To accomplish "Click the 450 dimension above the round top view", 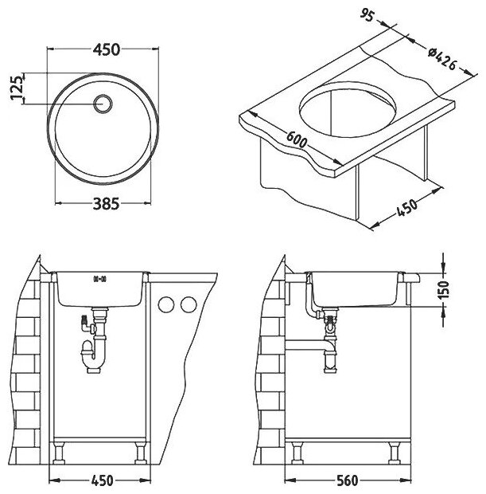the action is coord(106,49).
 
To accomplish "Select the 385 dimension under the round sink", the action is coord(106,204).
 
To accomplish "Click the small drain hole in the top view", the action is coord(103,102).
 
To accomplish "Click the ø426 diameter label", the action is coord(441,60).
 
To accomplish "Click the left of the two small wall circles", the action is coord(168,304).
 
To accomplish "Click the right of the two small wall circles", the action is coord(189,304).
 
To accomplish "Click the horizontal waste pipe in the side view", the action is coord(310,347).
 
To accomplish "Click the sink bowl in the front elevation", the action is coord(100,289).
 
